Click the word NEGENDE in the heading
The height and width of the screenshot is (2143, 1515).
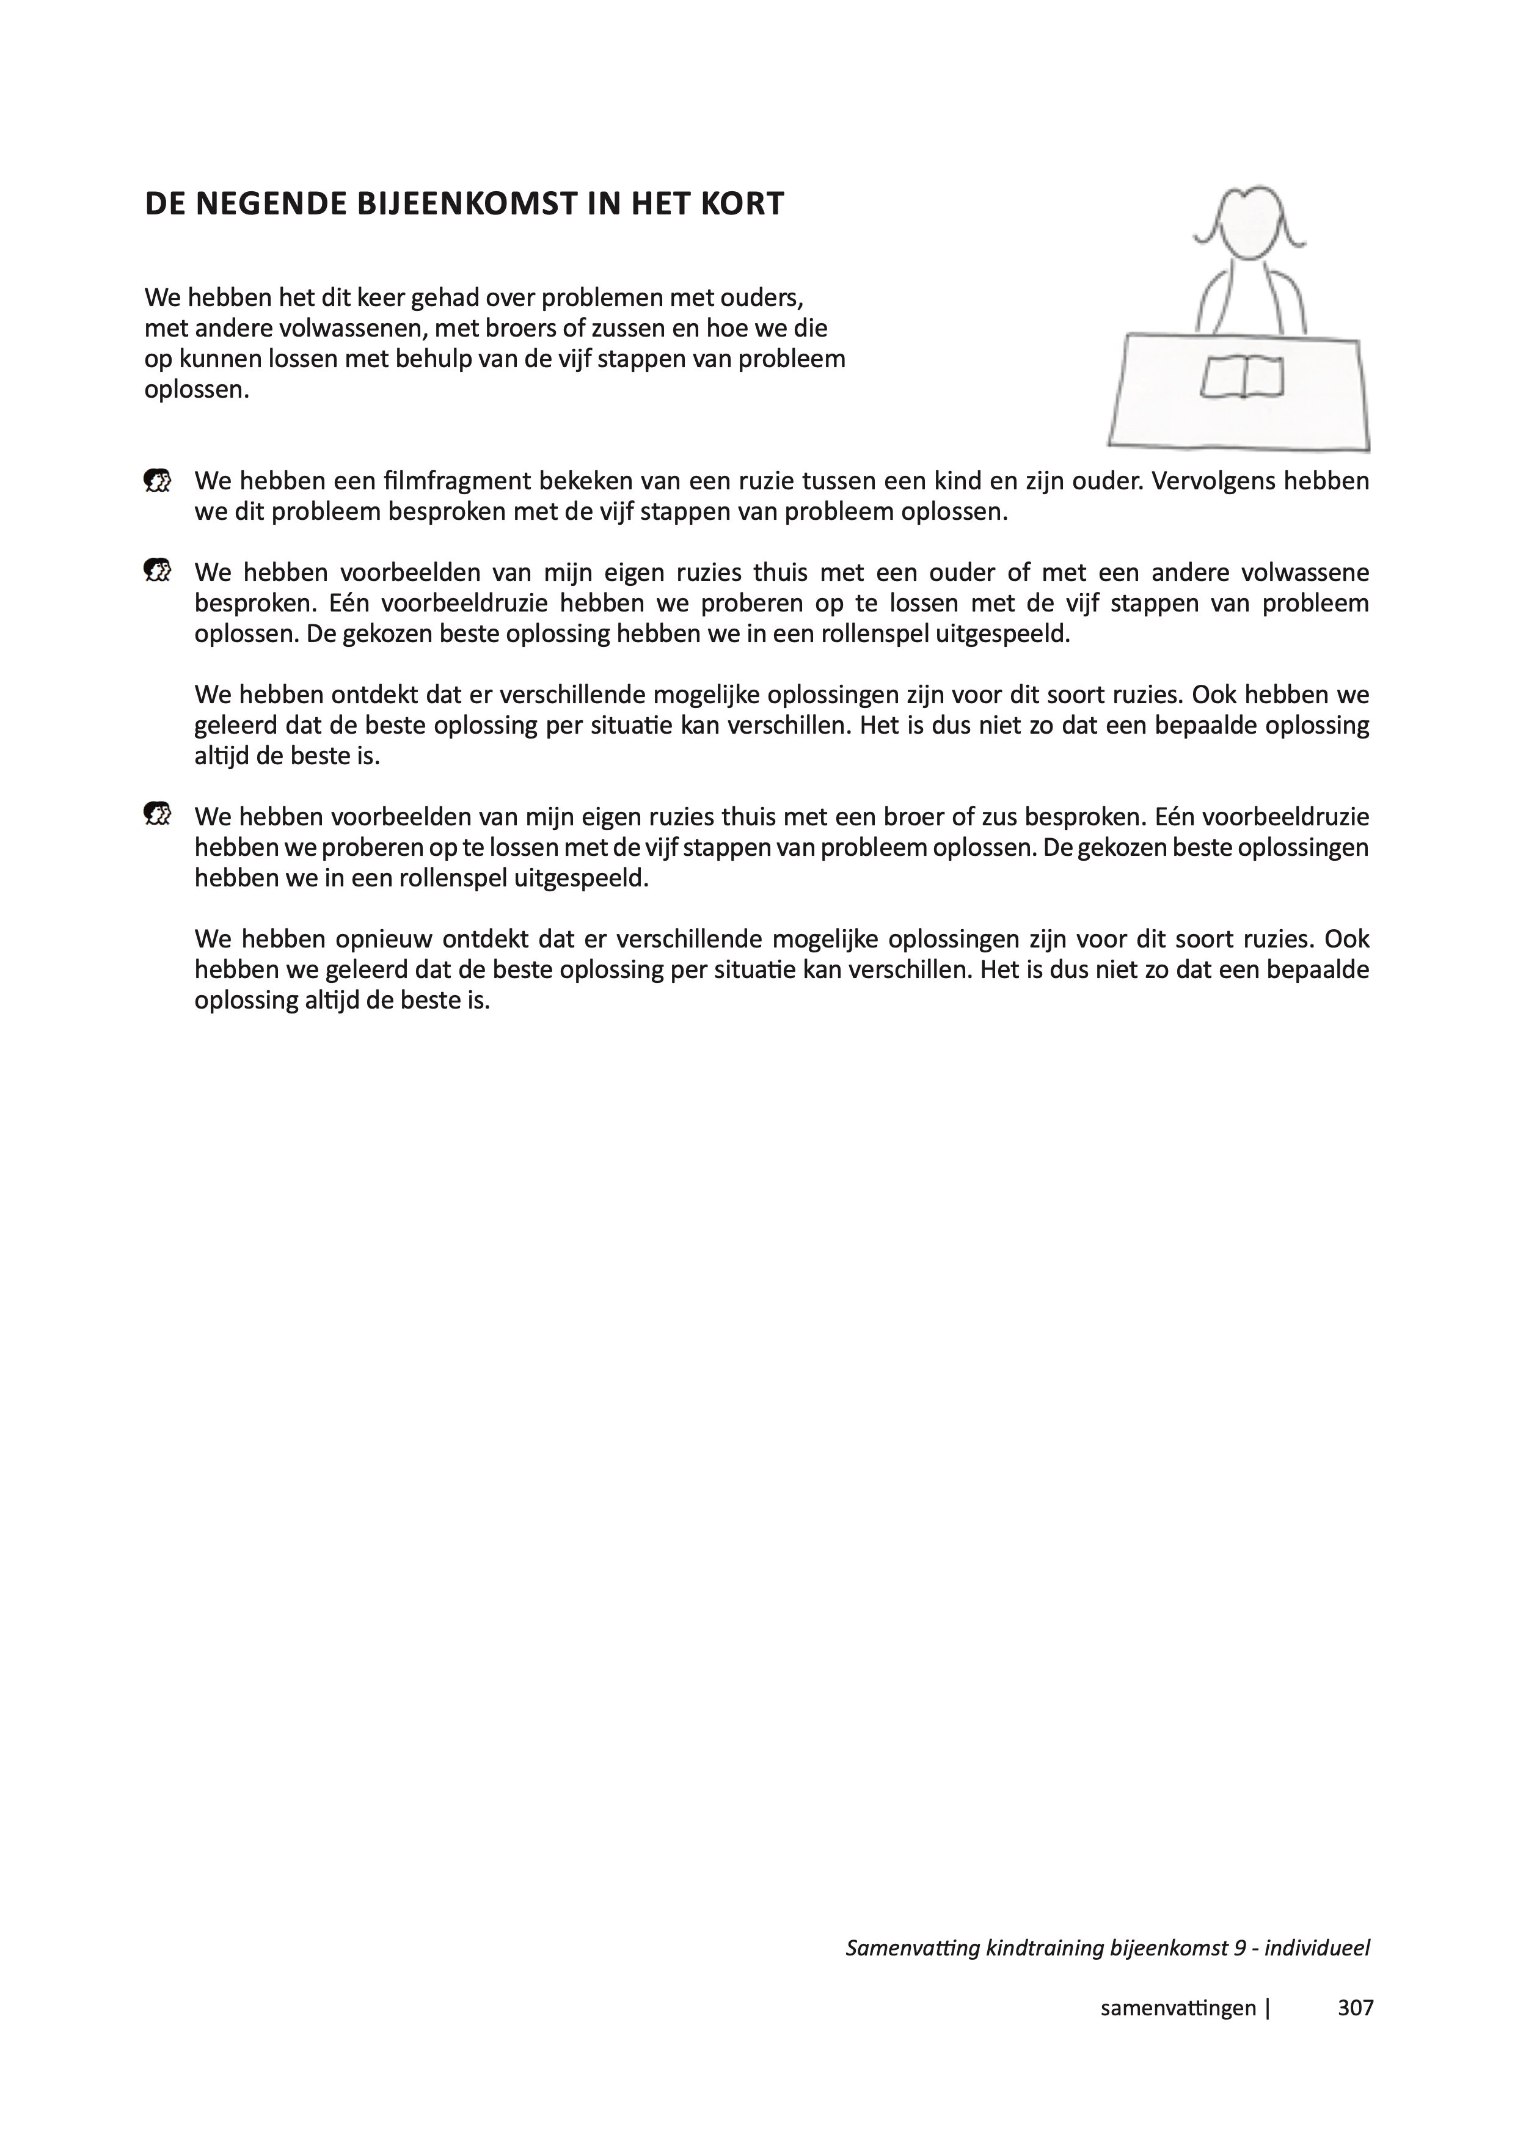(271, 205)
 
